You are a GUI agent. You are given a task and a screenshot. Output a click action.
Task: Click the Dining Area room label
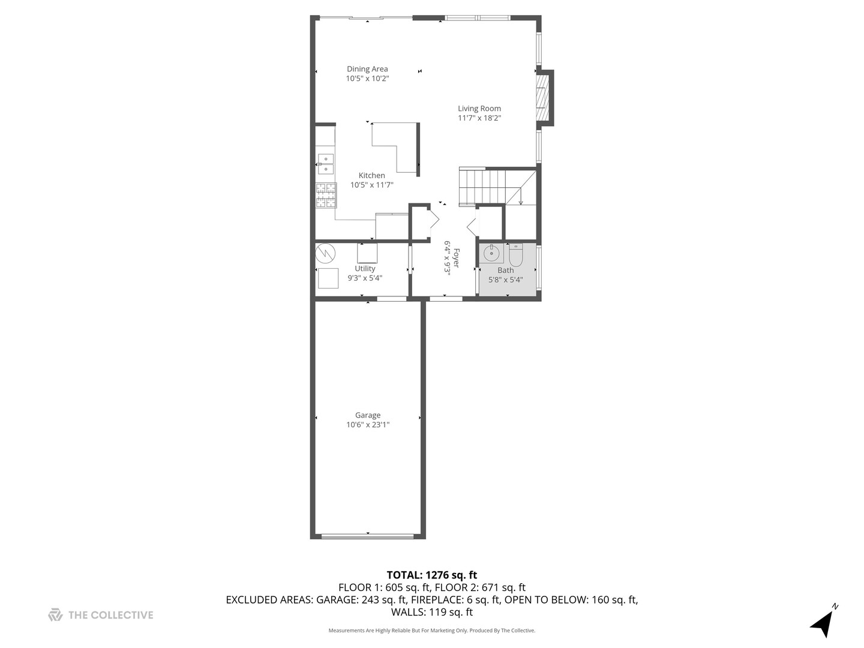coord(367,69)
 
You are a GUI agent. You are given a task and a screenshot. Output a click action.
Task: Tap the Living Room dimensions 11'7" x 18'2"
coord(479,118)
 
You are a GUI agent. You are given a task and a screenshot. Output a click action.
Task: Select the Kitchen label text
coord(372,175)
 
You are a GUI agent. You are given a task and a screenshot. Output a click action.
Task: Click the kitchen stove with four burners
coord(326,195)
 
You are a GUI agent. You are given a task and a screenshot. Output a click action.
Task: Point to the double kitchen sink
coord(326,164)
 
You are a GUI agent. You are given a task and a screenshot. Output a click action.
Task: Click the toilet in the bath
coord(516,255)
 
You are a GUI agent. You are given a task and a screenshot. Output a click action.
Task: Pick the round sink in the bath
coord(491,253)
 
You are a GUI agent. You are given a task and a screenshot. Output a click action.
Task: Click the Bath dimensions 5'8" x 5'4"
coord(506,280)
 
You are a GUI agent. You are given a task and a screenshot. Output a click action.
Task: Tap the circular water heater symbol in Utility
coord(325,253)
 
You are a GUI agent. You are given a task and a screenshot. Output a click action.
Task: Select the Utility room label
coord(365,269)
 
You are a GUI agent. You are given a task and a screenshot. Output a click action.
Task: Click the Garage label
coord(368,415)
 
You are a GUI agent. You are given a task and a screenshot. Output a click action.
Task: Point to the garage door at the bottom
coord(367,536)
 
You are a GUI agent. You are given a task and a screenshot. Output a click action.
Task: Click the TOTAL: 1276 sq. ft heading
coord(431,575)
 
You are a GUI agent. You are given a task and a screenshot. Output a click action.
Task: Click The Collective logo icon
coord(55,615)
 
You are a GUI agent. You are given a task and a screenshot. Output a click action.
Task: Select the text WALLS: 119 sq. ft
coord(431,613)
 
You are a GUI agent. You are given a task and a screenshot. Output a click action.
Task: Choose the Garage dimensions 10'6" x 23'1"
coord(368,425)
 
